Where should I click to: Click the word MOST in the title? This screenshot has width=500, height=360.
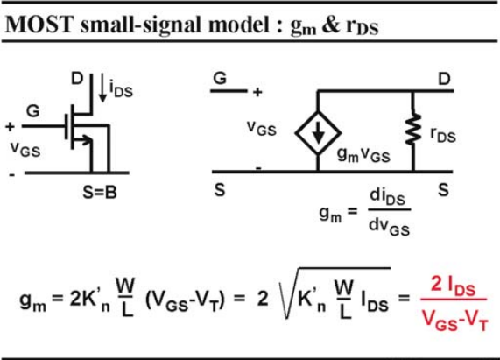(39, 24)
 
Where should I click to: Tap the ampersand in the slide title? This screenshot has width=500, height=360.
(331, 25)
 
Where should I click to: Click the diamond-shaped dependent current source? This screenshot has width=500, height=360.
(318, 132)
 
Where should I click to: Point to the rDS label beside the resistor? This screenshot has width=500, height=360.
(443, 134)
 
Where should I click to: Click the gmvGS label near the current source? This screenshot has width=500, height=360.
(363, 155)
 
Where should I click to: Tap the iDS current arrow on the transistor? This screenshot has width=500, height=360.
(102, 88)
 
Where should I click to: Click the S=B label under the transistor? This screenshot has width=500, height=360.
(100, 192)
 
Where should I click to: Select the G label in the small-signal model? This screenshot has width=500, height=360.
(220, 78)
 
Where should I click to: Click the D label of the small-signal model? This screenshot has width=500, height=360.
(444, 79)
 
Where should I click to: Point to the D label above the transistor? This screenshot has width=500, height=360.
(77, 79)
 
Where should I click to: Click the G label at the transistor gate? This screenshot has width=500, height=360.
(33, 111)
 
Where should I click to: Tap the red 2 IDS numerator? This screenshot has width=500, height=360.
(453, 286)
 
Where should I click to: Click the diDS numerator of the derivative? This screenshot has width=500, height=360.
(387, 197)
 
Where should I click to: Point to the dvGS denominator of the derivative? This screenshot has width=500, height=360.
(389, 227)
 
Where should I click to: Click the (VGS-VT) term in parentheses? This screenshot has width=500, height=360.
(185, 300)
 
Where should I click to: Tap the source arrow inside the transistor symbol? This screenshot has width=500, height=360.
(83, 139)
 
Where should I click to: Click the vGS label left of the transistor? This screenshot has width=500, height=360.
(25, 149)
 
